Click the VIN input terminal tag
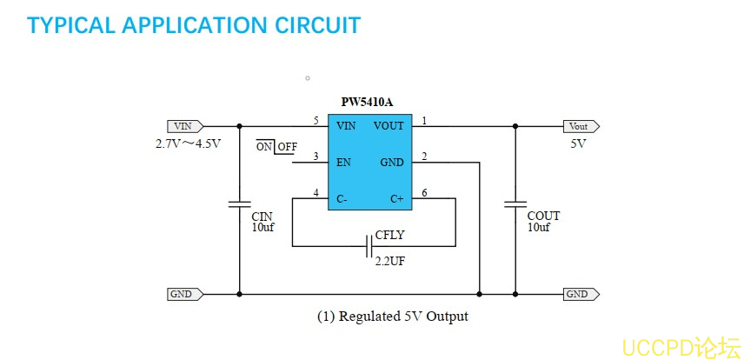tap(184, 126)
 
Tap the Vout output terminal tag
tap(580, 126)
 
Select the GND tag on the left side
tap(184, 294)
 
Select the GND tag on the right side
tap(580, 294)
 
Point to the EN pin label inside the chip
tap(343, 162)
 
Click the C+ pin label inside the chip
tap(396, 199)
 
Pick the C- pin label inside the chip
tap(342, 199)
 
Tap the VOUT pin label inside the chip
tap(389, 126)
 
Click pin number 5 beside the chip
tap(316, 120)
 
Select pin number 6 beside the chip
tap(423, 192)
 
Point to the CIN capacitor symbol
tap(239, 205)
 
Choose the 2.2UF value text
tap(389, 261)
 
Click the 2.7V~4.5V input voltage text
tap(189, 143)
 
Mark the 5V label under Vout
tap(578, 143)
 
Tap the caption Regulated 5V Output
tap(392, 317)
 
